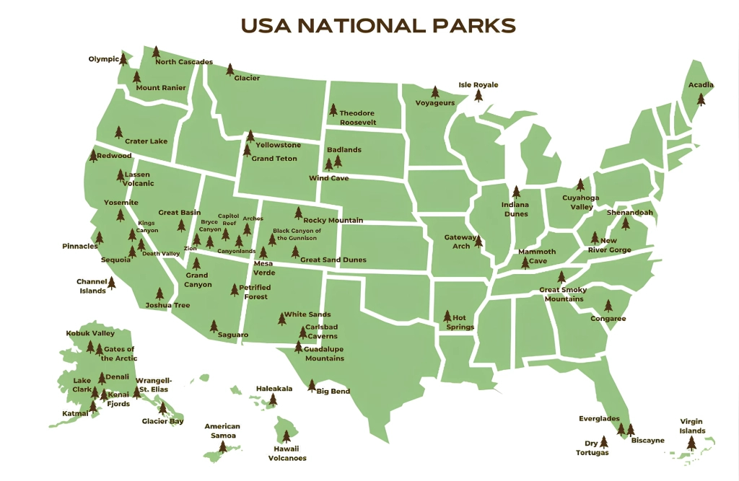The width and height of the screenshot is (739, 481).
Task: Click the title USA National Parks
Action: click(378, 25)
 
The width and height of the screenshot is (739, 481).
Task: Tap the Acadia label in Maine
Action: click(700, 85)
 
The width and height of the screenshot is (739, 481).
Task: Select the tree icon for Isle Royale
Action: click(478, 95)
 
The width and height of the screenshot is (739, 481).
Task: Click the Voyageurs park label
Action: click(435, 103)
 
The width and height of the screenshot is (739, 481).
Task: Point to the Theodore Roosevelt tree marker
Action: click(333, 110)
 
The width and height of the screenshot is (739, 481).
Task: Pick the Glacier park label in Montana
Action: click(247, 78)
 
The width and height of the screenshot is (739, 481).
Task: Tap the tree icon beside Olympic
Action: click(123, 58)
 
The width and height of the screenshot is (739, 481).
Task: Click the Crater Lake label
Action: click(146, 141)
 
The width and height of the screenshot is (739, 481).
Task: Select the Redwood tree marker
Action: click(93, 155)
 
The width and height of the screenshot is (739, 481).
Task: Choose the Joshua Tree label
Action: click(167, 305)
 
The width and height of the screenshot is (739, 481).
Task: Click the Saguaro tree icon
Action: click(214, 326)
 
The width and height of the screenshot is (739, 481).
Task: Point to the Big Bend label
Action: click(333, 392)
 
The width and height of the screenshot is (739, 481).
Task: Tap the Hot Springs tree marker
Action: click(447, 317)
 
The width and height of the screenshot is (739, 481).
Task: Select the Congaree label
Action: click(608, 319)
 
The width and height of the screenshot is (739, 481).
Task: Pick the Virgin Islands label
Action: click(692, 426)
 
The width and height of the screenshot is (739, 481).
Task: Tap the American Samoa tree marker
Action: click(222, 447)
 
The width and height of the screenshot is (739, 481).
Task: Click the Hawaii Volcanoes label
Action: click(287, 453)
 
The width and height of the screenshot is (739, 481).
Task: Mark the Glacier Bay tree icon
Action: click(163, 408)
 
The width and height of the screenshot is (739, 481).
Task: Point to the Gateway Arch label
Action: click(460, 242)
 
